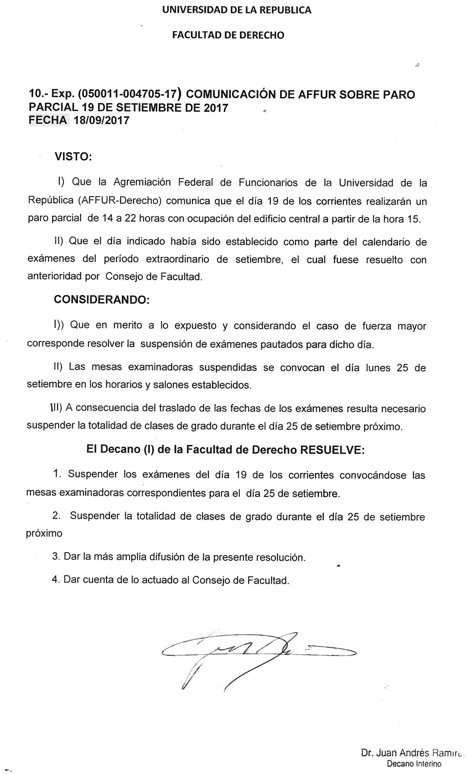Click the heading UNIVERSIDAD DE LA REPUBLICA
pyautogui.click(x=237, y=10)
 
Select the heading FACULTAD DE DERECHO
pyautogui.click(x=228, y=35)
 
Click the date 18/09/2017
pyautogui.click(x=101, y=120)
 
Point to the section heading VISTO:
pyautogui.click(x=73, y=157)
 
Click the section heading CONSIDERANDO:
pyautogui.click(x=101, y=300)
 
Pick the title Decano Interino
pyautogui.click(x=414, y=764)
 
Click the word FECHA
pyautogui.click(x=48, y=120)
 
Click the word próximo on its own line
pyautogui.click(x=44, y=533)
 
